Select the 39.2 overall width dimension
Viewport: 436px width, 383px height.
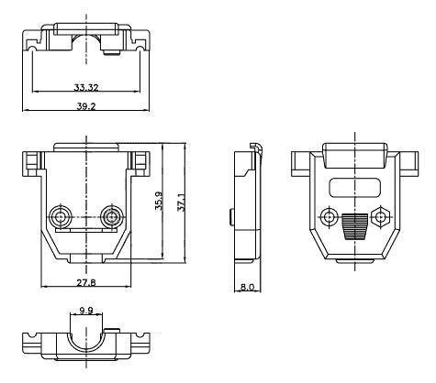[x=87, y=105]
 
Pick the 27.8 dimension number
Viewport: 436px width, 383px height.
[x=87, y=281]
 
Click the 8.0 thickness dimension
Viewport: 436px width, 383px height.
[x=246, y=287]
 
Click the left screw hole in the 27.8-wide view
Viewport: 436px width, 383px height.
[x=61, y=217]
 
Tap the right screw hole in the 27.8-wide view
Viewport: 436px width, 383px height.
[x=113, y=217]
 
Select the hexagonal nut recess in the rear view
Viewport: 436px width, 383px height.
[x=382, y=217]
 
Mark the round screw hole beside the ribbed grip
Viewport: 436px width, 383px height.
[x=329, y=217]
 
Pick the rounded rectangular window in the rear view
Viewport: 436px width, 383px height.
[x=355, y=188]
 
